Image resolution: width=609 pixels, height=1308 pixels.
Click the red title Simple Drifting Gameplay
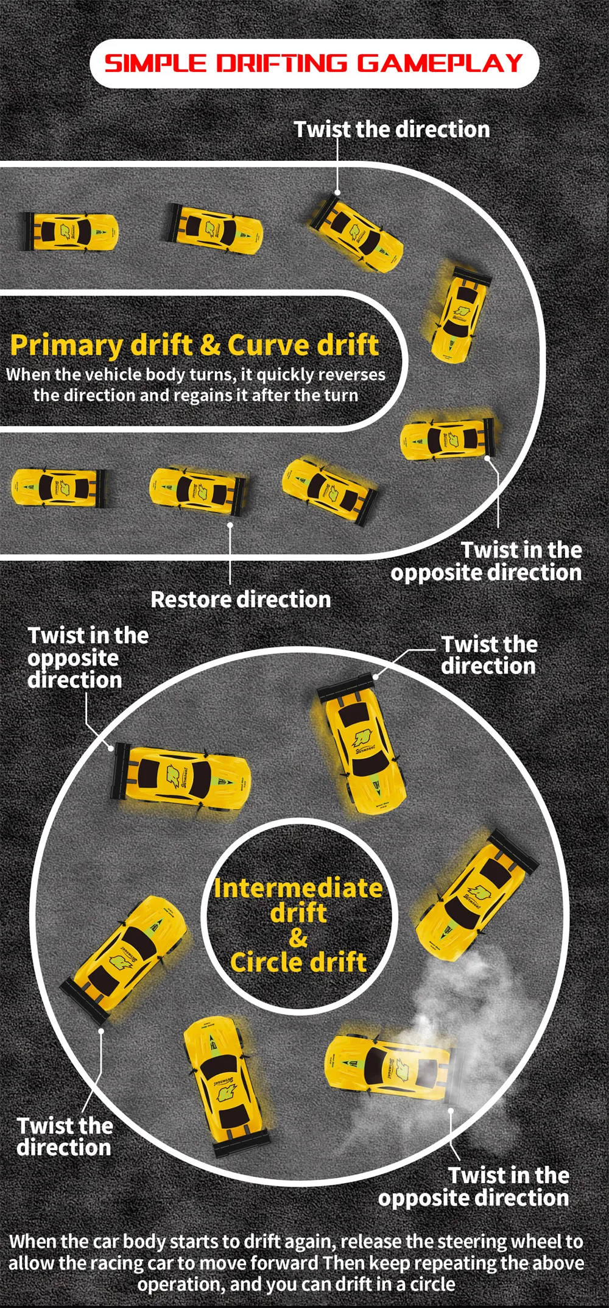pyautogui.click(x=314, y=63)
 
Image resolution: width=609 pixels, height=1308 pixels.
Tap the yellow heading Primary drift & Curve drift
pyautogui.click(x=195, y=345)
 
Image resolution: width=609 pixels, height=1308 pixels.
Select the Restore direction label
pyautogui.click(x=241, y=600)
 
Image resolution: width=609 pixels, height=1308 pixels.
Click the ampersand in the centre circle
pyautogui.click(x=298, y=937)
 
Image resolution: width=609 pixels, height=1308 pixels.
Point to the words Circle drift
pyautogui.click(x=298, y=962)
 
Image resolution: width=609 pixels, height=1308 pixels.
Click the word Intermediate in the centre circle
pyautogui.click(x=298, y=888)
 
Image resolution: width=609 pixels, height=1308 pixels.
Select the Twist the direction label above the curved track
pyautogui.click(x=392, y=129)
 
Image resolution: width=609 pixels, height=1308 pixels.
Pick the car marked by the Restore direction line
pyautogui.click(x=199, y=491)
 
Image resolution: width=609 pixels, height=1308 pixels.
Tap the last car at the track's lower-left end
pyautogui.click(x=60, y=488)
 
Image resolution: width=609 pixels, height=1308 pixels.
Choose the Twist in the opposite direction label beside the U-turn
pyautogui.click(x=487, y=561)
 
